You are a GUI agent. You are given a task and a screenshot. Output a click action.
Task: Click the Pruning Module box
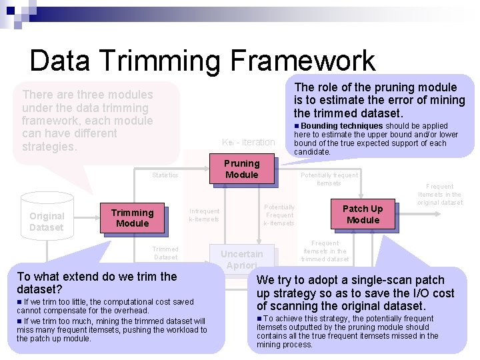click(x=241, y=169)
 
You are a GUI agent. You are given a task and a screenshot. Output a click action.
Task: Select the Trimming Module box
click(x=132, y=218)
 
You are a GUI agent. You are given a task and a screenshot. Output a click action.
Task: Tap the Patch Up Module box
click(x=363, y=214)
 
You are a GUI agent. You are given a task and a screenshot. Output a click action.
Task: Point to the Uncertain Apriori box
click(x=241, y=259)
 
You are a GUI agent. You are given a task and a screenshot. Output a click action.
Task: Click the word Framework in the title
click(x=303, y=61)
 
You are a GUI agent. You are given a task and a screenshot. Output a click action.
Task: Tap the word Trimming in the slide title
click(x=162, y=61)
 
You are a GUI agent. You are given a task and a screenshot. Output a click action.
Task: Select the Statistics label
click(x=165, y=175)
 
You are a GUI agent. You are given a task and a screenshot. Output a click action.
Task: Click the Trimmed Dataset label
click(x=165, y=253)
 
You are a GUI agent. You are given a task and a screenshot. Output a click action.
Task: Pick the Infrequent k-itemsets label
click(x=204, y=215)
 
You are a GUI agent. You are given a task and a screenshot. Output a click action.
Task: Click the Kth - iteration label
click(x=248, y=142)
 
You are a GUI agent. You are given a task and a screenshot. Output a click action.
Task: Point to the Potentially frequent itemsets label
click(x=329, y=179)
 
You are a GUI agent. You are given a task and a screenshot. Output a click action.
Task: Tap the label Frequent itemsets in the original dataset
click(x=440, y=195)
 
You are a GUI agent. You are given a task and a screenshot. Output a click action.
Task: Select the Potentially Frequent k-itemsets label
click(x=279, y=215)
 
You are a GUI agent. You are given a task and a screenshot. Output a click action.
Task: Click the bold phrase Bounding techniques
click(x=341, y=126)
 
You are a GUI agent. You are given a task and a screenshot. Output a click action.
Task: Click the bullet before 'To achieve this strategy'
click(x=259, y=319)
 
